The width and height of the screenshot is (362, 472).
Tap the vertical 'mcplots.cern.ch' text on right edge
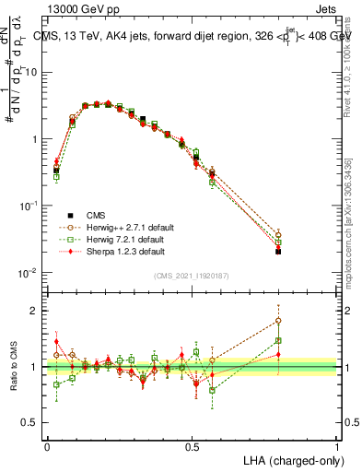coord(350,230)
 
